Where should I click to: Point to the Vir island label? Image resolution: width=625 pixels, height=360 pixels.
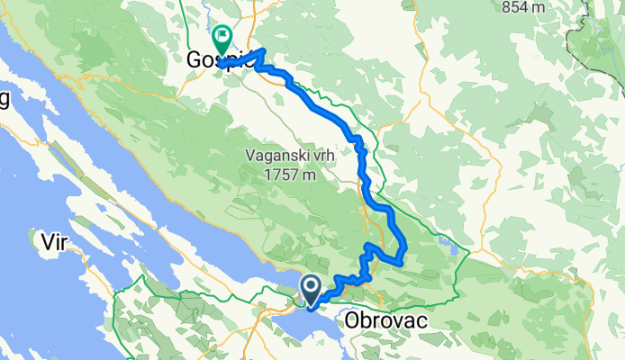(57, 240)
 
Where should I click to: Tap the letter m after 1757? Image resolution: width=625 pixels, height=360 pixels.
(309, 175)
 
